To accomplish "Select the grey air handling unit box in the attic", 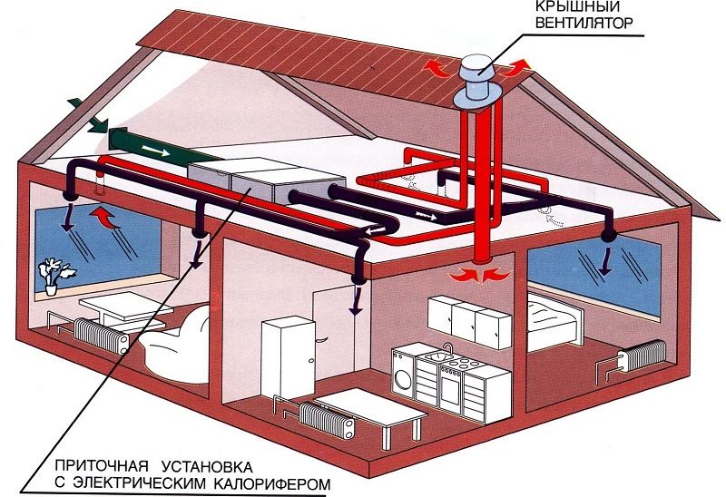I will coord(263,179).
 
